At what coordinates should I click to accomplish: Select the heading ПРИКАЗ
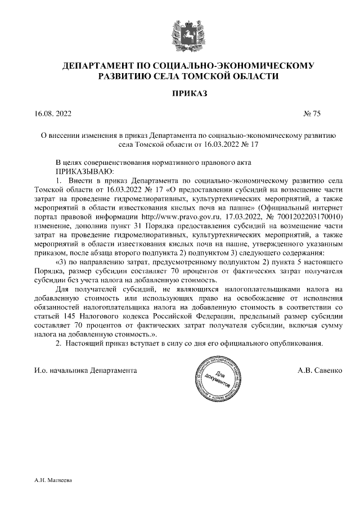(x=179, y=93)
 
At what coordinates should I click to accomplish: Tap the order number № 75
(x=312, y=114)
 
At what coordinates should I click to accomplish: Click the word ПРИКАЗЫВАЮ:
(x=84, y=170)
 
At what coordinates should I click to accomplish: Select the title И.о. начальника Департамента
(x=85, y=372)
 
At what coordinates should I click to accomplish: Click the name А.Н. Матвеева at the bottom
(x=51, y=481)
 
